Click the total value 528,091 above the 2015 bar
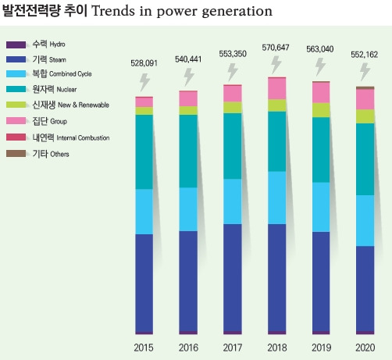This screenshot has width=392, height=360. click(x=144, y=63)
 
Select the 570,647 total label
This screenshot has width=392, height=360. click(x=276, y=48)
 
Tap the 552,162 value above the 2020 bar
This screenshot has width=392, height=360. click(x=364, y=55)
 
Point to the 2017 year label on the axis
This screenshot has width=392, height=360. click(x=233, y=348)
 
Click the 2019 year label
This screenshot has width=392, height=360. click(x=321, y=348)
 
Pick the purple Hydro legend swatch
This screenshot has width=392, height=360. click(x=16, y=45)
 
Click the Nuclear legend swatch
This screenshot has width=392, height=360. click(x=16, y=89)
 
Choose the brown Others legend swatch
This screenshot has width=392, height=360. click(x=16, y=154)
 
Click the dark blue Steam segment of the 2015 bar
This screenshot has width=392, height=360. click(x=144, y=283)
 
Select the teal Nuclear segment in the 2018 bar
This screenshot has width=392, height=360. click(x=277, y=141)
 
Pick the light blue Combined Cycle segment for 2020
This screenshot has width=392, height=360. click(x=365, y=221)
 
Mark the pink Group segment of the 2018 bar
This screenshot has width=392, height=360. click(x=277, y=89)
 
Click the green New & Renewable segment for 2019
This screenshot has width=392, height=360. click(x=321, y=110)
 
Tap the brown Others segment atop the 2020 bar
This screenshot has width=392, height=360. click(x=365, y=88)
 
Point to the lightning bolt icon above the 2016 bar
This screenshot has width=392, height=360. click(x=189, y=77)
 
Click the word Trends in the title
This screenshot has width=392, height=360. click(x=113, y=11)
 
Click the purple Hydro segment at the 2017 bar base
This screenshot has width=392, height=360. click(x=233, y=333)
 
